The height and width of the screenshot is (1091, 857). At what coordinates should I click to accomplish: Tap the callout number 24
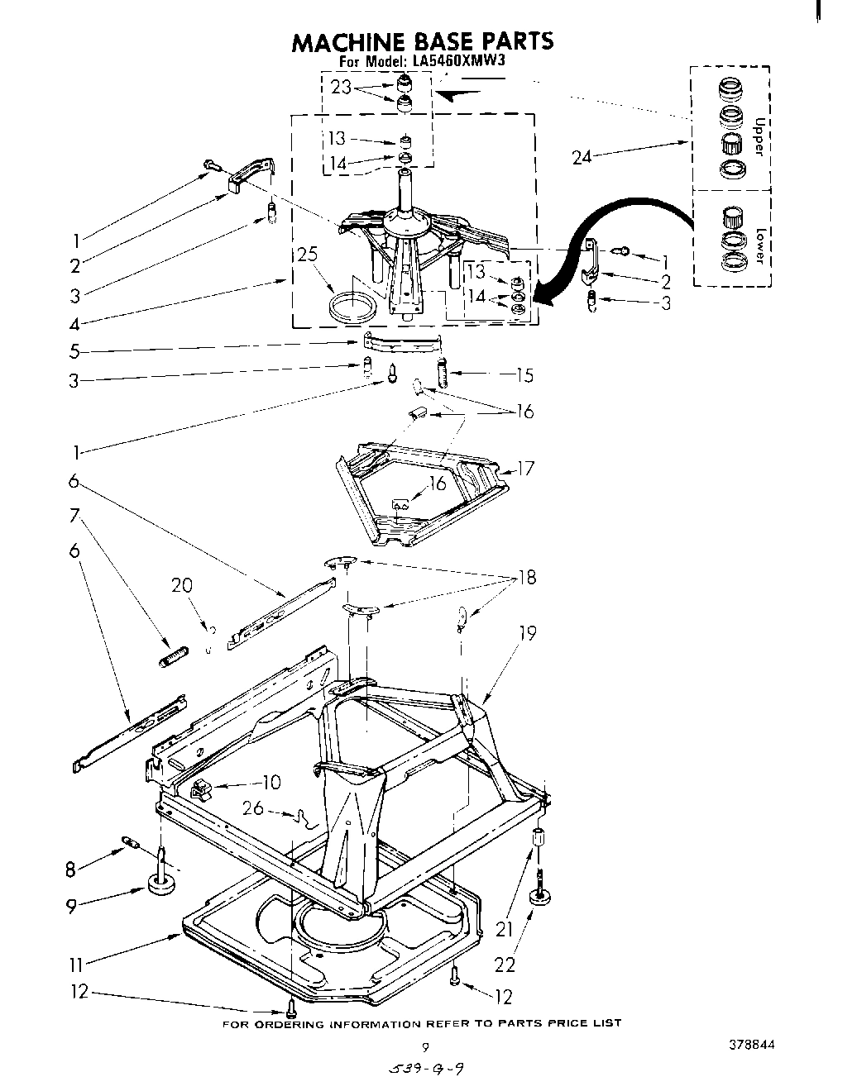click(583, 156)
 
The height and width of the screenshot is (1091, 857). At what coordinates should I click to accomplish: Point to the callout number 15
click(524, 375)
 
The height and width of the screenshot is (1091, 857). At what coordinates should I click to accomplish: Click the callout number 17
click(526, 469)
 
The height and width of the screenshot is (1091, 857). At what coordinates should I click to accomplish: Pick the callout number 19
click(527, 633)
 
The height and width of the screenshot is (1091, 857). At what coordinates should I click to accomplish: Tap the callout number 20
click(181, 586)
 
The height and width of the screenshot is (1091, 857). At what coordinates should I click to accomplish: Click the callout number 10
click(271, 782)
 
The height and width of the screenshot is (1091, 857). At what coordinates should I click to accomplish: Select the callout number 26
click(254, 808)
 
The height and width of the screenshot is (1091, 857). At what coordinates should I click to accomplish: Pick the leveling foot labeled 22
click(543, 899)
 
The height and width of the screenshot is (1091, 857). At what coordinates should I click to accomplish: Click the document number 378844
click(752, 1044)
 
